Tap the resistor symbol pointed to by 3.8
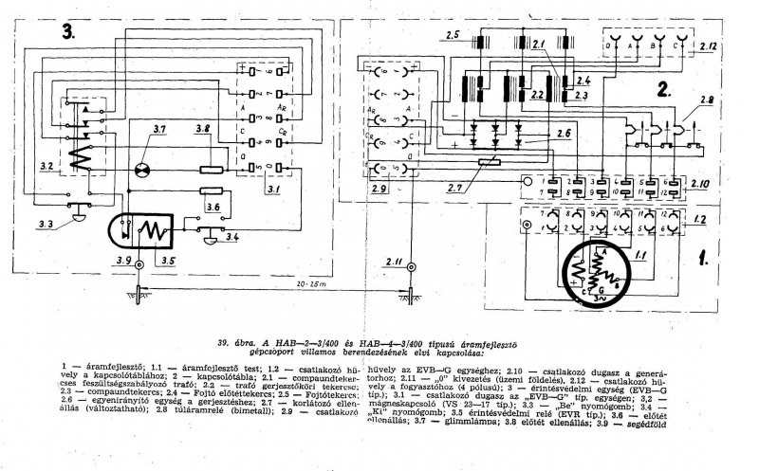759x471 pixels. (x=210, y=171)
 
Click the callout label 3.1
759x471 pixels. (x=271, y=190)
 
